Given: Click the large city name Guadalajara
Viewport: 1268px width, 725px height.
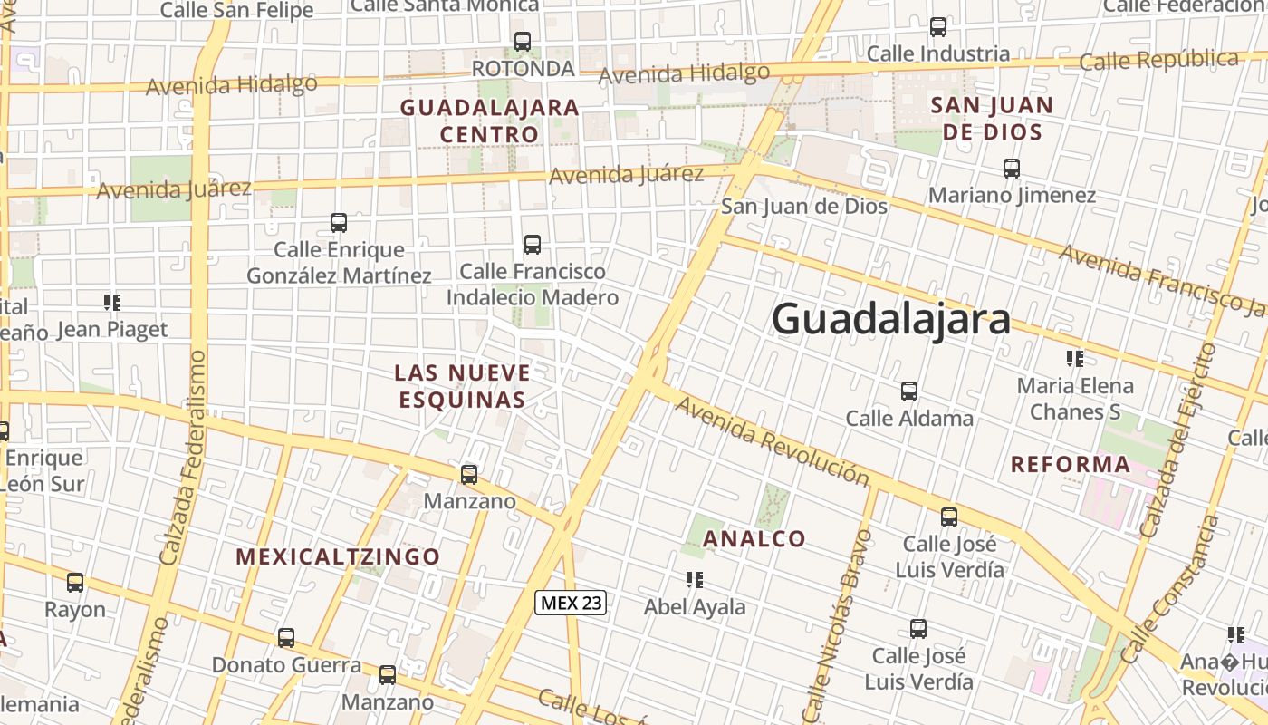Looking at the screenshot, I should point(890,319).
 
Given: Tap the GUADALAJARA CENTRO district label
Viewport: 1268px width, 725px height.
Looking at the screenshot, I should point(489,121).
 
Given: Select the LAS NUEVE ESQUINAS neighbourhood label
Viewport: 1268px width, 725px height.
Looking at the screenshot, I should point(462,386).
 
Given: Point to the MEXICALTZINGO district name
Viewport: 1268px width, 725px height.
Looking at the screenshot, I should point(338,556).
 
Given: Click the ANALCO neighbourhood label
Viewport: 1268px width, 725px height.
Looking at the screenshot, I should point(754,539).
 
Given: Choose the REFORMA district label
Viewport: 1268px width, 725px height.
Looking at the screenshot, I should point(1071,465).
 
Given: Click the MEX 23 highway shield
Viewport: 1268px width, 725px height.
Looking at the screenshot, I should point(570,603).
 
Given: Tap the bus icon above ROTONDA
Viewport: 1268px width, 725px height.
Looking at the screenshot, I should point(523,41).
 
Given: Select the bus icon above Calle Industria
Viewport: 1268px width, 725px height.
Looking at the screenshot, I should point(938,27).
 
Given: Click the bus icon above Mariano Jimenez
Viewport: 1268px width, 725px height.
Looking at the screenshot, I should point(1012,168).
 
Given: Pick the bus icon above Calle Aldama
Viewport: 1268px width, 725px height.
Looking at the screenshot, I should point(909,391).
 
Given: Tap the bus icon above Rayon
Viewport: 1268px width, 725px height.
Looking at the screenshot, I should point(75,583).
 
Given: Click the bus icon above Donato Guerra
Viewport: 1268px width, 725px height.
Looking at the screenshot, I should point(286,638).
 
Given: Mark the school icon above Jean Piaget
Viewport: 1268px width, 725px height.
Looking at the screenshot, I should point(112,302).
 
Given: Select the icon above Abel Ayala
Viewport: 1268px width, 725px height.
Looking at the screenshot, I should point(695,580).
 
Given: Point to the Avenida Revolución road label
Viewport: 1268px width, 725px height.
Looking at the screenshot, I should point(772,441).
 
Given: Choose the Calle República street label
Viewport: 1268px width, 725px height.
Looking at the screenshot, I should point(1159,62).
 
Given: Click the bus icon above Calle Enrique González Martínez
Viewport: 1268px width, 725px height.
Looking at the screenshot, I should point(339,222).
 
